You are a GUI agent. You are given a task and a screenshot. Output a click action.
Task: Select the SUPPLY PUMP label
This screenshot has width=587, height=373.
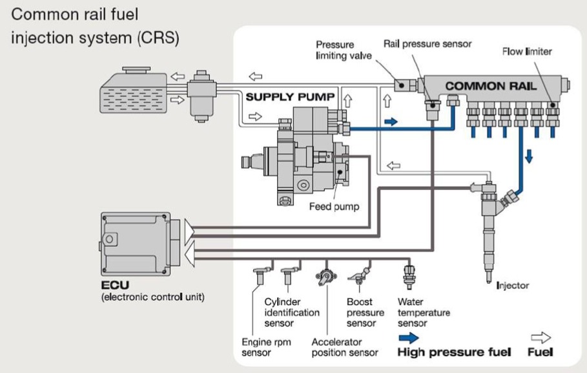coord(291,97)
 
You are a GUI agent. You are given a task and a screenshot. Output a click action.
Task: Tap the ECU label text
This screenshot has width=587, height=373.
coord(114,284)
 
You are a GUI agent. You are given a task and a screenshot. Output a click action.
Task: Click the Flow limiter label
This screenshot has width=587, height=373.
coord(527,51)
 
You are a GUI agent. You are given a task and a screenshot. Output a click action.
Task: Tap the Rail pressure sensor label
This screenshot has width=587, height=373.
coord(427,44)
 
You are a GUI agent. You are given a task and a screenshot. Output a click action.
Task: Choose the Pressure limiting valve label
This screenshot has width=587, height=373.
coord(344,50)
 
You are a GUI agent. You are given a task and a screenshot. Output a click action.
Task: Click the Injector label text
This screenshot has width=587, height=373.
coord(513,285)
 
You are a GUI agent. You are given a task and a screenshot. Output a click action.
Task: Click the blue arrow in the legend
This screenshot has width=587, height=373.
coord(408,337)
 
